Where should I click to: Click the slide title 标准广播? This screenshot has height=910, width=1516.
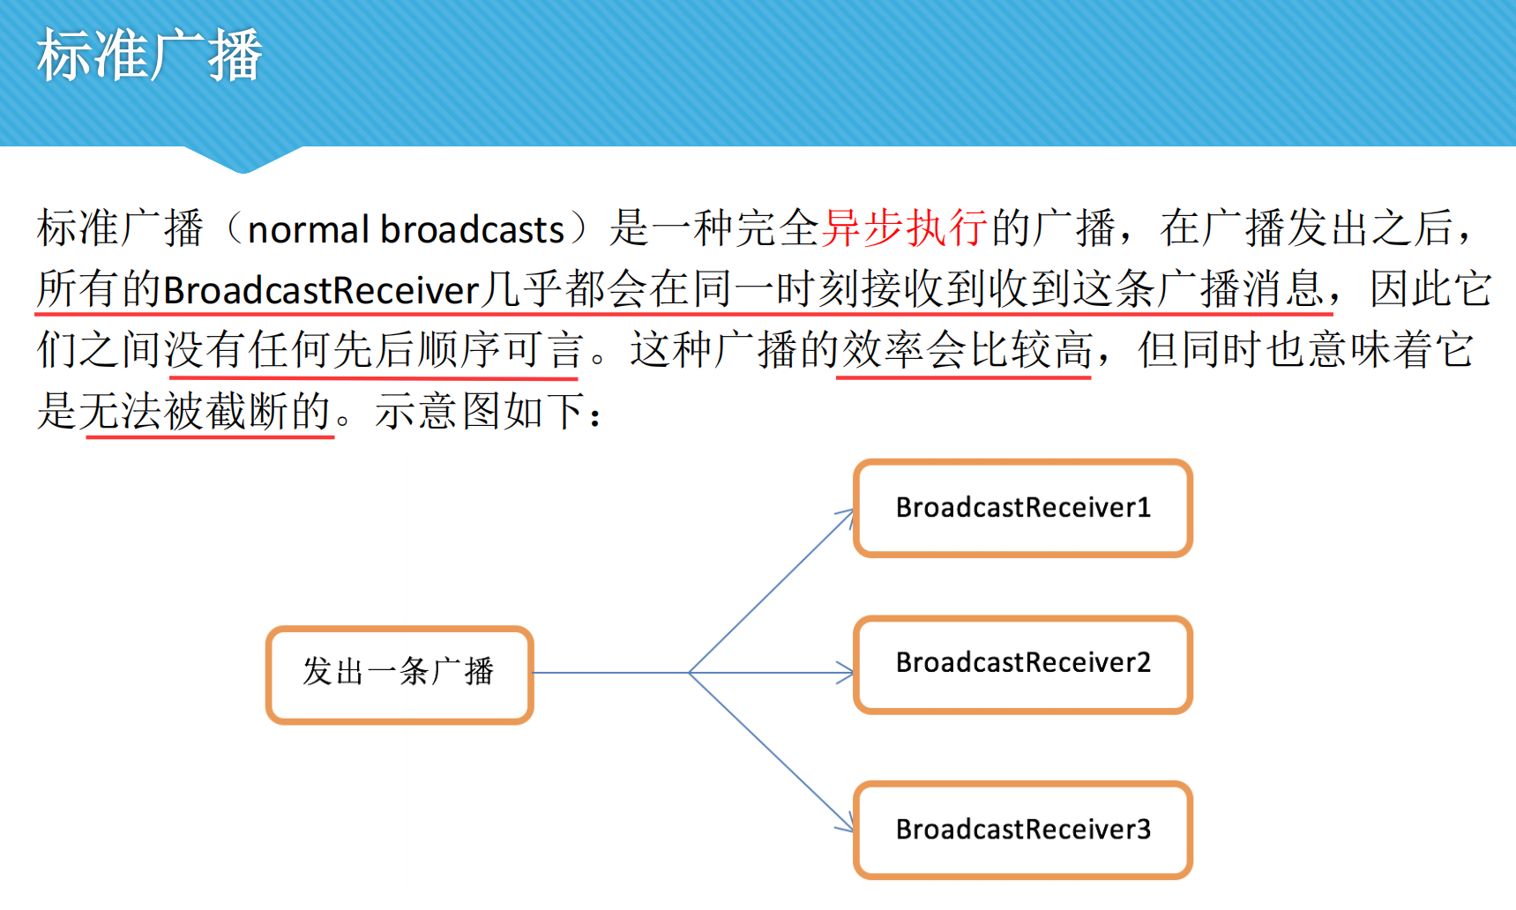coord(149,56)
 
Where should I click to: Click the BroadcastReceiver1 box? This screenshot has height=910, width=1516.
coord(1023,508)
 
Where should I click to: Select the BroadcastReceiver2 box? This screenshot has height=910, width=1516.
coord(1023,664)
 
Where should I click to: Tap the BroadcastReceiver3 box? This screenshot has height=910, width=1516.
coord(1023,830)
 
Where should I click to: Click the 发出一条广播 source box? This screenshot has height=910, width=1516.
coord(400,674)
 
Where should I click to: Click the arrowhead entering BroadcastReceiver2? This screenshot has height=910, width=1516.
coord(847,673)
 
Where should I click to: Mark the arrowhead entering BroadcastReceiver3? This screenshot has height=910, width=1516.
coord(848,826)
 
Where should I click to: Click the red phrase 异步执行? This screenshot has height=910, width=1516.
coord(904,227)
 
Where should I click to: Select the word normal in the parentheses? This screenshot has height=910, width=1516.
coord(308,230)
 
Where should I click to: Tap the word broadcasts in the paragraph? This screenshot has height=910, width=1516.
coord(472,230)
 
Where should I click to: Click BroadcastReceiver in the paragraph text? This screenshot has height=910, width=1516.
coord(321,290)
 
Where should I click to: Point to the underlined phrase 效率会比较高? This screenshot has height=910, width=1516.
coord(967,350)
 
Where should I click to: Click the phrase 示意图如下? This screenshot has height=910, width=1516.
coord(480,411)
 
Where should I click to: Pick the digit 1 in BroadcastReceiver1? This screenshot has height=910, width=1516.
coord(1144,508)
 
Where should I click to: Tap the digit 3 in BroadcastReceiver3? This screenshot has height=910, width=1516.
coord(1143,830)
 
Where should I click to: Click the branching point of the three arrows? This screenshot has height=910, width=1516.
coord(690,673)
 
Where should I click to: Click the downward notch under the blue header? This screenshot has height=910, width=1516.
coord(243,160)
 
